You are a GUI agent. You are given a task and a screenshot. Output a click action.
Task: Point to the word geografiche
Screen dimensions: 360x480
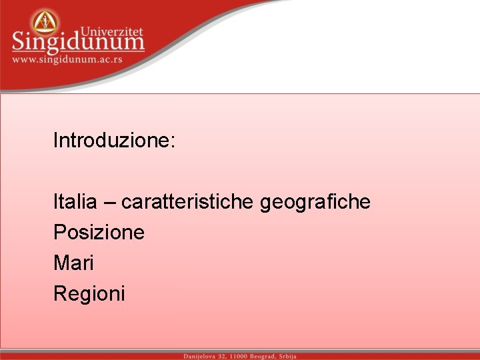[x=315, y=201]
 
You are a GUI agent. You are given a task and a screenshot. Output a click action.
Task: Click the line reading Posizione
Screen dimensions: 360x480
[x=99, y=232]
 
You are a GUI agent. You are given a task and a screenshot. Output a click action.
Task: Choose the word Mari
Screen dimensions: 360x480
[x=73, y=263]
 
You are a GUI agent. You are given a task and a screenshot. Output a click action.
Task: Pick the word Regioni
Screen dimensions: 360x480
[x=89, y=293]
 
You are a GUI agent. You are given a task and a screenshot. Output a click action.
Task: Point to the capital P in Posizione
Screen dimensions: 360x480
[x=59, y=232]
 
